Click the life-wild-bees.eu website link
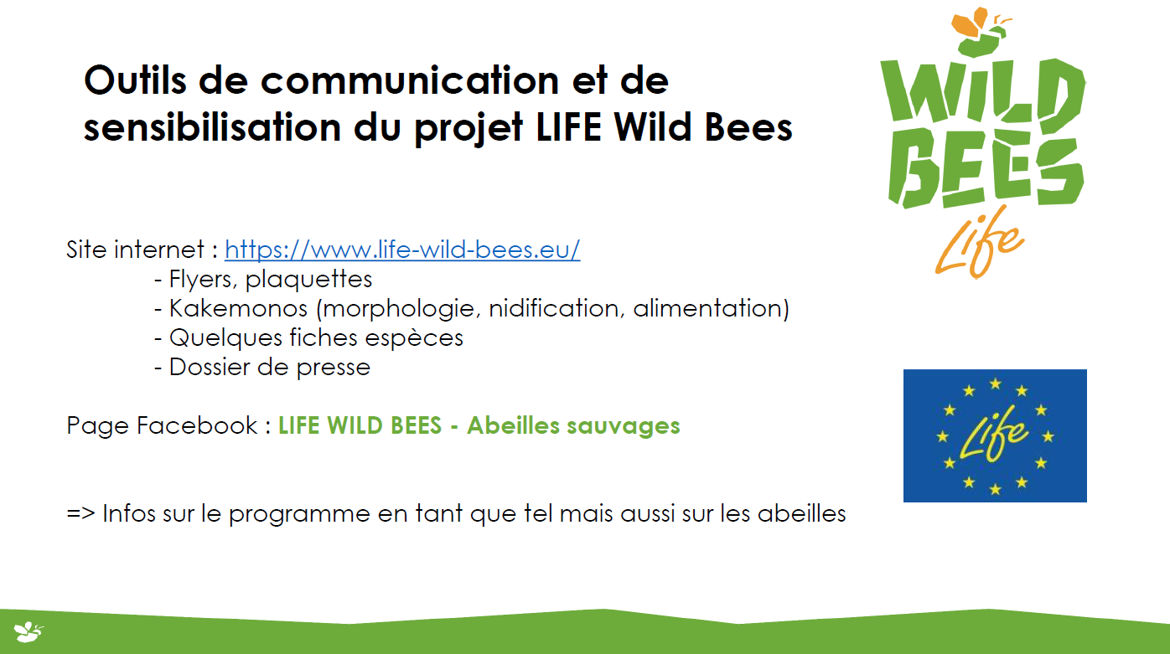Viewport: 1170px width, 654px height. click(x=402, y=250)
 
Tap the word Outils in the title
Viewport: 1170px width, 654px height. click(x=135, y=80)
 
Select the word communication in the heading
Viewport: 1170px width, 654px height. click(x=410, y=80)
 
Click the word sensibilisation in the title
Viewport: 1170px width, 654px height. click(x=212, y=126)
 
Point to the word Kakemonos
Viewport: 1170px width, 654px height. click(x=238, y=308)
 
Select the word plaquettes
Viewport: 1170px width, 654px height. click(x=308, y=280)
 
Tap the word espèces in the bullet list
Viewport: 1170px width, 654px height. click(x=414, y=338)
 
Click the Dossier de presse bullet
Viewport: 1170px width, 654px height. click(x=262, y=368)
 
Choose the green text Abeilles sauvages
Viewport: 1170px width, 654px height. click(x=573, y=425)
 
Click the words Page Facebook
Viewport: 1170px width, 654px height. click(x=162, y=425)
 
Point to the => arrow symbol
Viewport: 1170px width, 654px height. click(x=80, y=513)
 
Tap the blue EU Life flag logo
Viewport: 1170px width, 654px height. click(x=995, y=435)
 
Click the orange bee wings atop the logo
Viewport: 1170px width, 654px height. click(x=970, y=22)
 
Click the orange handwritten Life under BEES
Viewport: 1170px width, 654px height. click(x=980, y=243)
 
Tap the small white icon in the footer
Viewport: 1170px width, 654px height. click(x=28, y=632)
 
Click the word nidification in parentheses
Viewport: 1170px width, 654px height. click(x=557, y=308)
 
